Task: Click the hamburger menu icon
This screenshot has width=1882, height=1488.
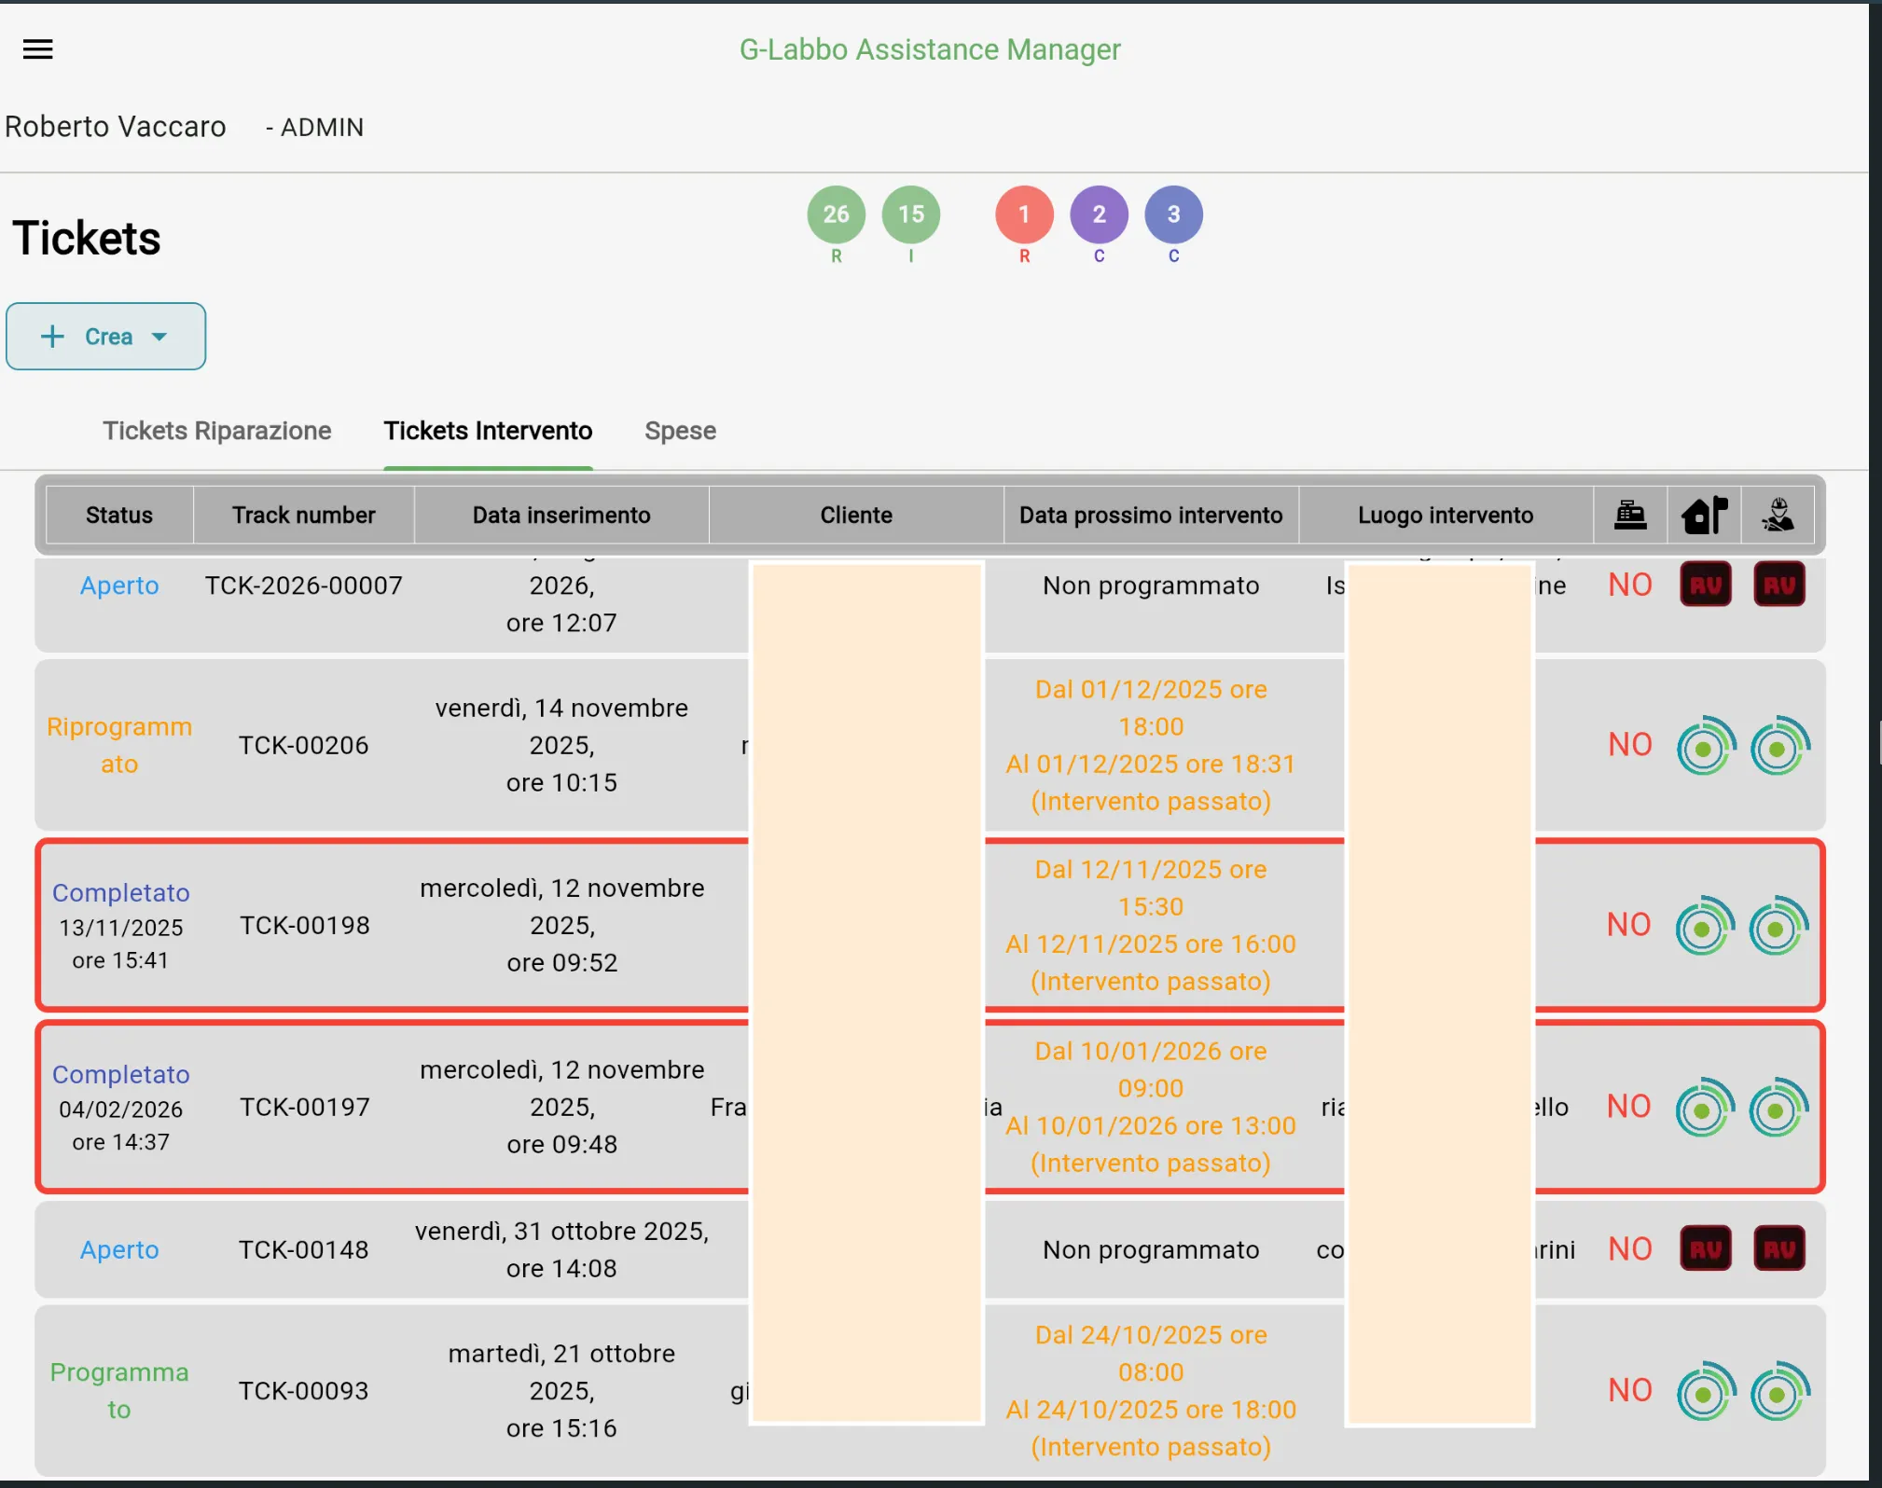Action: point(37,49)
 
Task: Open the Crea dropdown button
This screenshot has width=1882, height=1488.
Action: point(105,337)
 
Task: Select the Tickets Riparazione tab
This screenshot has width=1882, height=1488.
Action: point(216,431)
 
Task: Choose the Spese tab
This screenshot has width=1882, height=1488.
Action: point(680,431)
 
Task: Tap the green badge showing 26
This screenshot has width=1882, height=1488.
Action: point(836,214)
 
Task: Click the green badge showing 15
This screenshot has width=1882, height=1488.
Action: point(910,214)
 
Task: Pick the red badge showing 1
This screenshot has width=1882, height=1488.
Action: point(1024,214)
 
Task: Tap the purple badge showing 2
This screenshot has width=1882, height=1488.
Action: point(1099,214)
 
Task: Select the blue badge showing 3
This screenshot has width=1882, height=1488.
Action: point(1173,214)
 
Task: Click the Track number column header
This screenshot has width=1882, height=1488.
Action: point(303,515)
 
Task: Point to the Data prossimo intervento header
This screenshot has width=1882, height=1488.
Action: point(1150,515)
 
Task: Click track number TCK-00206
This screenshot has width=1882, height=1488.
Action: point(303,745)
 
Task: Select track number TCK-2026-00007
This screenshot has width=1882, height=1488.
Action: point(303,586)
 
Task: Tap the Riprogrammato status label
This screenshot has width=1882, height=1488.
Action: point(119,745)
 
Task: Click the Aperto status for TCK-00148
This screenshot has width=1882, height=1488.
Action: point(119,1249)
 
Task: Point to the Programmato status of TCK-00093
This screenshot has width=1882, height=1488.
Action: point(119,1390)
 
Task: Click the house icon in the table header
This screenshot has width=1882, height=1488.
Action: point(1704,515)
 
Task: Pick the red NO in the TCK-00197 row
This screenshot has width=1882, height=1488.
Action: point(1628,1107)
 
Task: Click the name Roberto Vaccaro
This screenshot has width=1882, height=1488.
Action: point(116,127)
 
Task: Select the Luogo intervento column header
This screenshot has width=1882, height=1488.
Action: point(1445,515)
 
